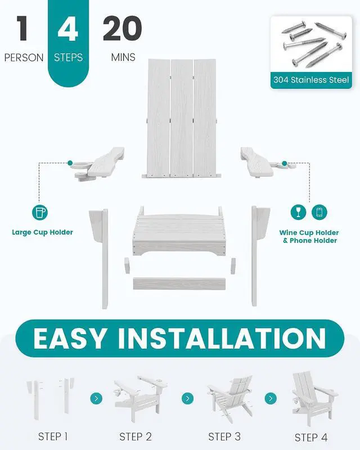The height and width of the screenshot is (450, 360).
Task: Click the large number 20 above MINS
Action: [122, 28]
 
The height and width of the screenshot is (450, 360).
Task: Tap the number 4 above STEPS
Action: [67, 28]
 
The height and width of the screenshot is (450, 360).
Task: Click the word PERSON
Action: [24, 57]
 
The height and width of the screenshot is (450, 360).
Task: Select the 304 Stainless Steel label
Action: [311, 80]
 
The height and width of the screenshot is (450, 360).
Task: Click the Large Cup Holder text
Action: [43, 232]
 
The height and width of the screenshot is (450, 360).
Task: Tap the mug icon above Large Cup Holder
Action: [39, 213]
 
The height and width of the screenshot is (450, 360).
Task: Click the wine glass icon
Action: [298, 212]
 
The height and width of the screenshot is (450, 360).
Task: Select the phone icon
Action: [319, 212]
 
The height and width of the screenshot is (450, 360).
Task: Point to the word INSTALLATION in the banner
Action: [222, 338]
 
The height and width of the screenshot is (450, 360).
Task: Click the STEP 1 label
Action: [53, 436]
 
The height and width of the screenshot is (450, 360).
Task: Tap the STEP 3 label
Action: [224, 436]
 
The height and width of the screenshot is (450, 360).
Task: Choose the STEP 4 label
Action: [311, 438]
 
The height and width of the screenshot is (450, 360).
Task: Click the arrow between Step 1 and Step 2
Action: [96, 398]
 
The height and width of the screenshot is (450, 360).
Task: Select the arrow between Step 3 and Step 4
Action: [271, 398]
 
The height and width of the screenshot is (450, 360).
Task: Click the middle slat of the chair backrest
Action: [182, 118]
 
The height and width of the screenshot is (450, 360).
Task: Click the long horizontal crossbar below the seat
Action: [179, 283]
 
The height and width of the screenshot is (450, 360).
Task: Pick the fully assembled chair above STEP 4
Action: [314, 398]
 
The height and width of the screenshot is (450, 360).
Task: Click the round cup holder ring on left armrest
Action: [81, 165]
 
